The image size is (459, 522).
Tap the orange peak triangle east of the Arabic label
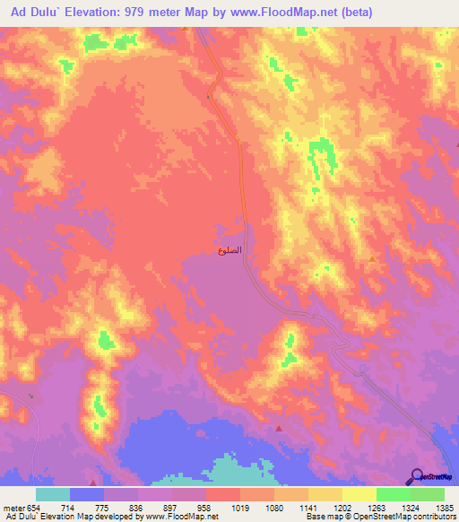[372, 259]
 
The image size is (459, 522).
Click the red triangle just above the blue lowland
[278, 428]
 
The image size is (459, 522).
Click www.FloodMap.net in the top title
[266, 13]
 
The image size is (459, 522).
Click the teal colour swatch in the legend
[53, 494]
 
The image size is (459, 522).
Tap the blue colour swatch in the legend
[87, 494]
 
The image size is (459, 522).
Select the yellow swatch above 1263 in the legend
[359, 494]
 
